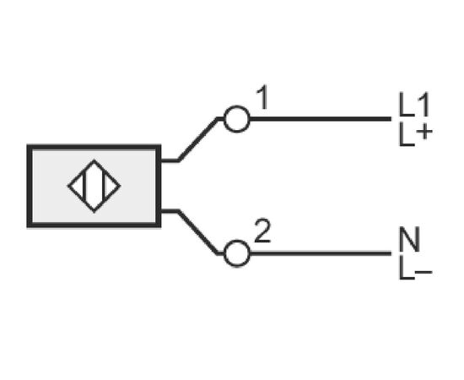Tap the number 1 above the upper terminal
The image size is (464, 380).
point(262,97)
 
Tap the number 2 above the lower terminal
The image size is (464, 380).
point(262,231)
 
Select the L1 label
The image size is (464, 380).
point(414,105)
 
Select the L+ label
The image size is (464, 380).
point(415,135)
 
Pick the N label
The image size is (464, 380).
point(409,239)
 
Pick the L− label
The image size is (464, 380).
point(415,268)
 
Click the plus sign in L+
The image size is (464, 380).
point(424,132)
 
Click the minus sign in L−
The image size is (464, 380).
point(424,271)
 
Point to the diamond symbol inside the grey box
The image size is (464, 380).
point(94,186)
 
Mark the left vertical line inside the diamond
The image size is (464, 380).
point(84,187)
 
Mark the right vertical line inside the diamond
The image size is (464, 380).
point(104,187)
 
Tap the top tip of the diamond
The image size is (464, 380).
point(94,160)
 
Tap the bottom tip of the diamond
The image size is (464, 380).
point(94,212)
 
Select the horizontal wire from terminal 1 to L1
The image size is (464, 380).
point(321,119)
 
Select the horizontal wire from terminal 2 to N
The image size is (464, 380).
point(321,253)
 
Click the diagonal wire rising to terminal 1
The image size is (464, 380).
point(197,140)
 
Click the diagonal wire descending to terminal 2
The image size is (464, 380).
point(197,232)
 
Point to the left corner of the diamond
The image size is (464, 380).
point(68,186)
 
